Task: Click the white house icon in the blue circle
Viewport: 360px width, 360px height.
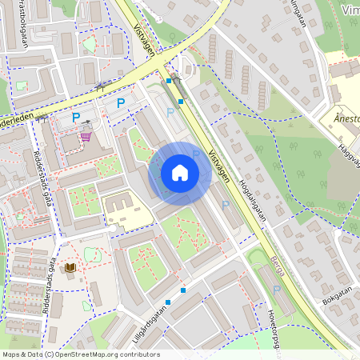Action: click(x=180, y=172)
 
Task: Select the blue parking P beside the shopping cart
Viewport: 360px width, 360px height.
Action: click(x=76, y=118)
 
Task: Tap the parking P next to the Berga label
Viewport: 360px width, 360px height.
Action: click(x=225, y=205)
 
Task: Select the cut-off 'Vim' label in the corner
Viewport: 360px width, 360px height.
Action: click(x=350, y=10)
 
